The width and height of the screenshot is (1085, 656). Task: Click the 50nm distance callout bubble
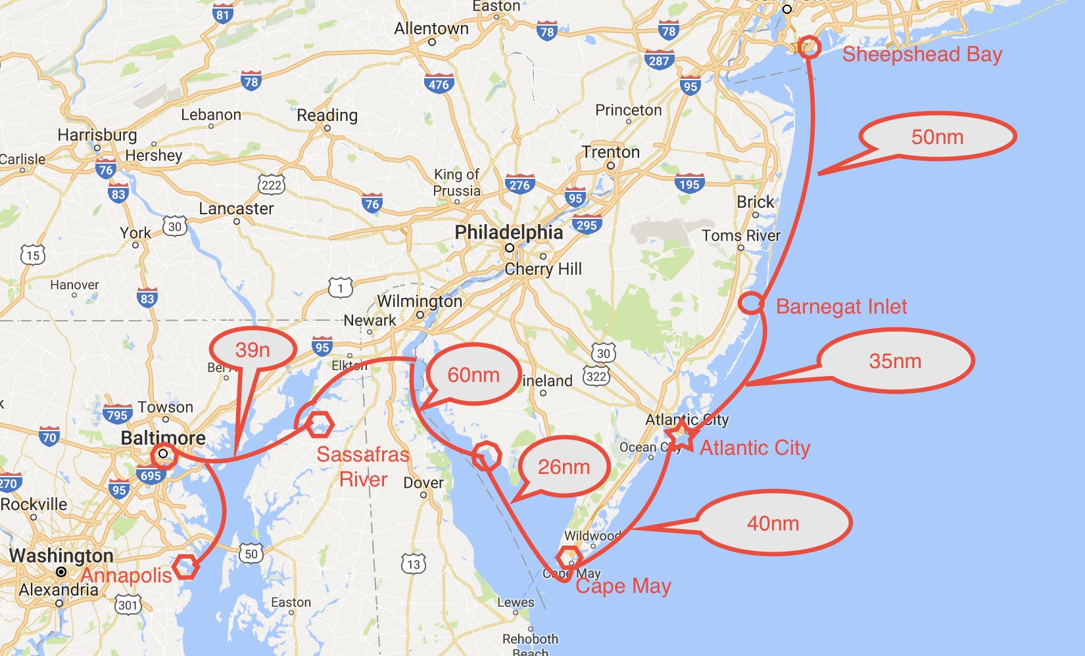tap(938, 137)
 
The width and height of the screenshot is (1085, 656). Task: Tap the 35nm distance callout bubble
tap(896, 361)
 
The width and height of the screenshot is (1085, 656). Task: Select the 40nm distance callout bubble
tap(773, 523)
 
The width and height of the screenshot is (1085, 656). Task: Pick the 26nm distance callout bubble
tap(564, 467)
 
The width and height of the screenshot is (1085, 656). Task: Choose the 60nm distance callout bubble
tap(473, 375)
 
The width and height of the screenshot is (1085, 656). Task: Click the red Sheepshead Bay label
tap(922, 54)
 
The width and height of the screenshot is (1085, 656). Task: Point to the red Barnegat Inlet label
tap(842, 306)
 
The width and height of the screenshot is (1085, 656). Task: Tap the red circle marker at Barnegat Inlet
tap(751, 303)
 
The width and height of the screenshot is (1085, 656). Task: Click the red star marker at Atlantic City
tap(681, 436)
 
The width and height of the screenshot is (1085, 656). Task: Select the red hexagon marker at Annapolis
tap(186, 566)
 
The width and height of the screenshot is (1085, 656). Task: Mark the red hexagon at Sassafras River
tap(320, 425)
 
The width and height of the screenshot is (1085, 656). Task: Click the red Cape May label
tap(623, 586)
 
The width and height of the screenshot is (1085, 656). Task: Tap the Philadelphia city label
tap(509, 232)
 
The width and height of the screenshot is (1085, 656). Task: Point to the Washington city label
tap(61, 555)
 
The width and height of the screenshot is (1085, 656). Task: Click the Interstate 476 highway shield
tap(439, 83)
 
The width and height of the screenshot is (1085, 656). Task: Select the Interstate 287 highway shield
tap(659, 60)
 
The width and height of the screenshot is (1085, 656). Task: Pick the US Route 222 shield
tap(271, 184)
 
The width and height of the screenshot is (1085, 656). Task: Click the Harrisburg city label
tap(97, 135)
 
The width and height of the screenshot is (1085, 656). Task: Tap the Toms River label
tap(741, 235)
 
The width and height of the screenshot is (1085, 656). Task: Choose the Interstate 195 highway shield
tap(689, 184)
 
